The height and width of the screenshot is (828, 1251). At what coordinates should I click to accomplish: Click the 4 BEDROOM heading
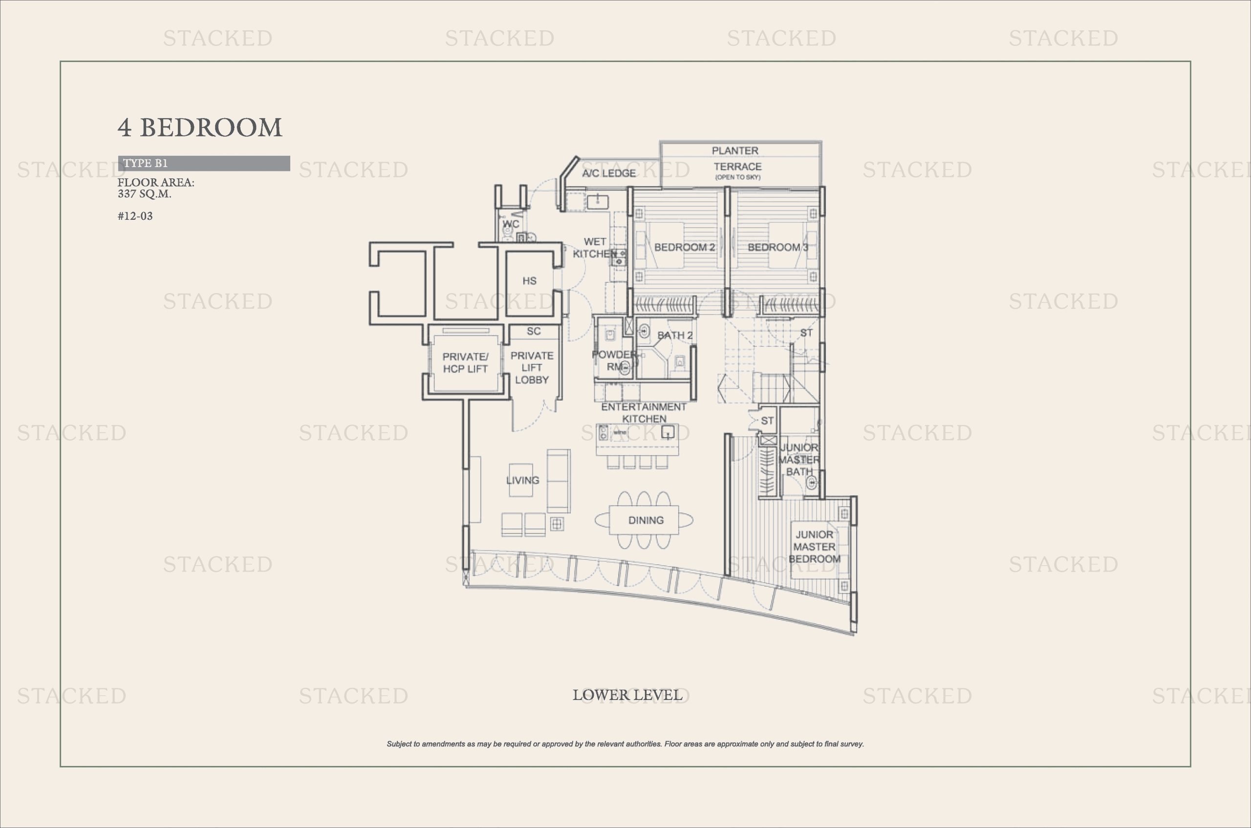pyautogui.click(x=200, y=128)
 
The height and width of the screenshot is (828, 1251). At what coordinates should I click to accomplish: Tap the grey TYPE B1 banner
pyautogui.click(x=204, y=163)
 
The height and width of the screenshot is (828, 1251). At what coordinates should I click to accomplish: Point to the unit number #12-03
pyautogui.click(x=135, y=216)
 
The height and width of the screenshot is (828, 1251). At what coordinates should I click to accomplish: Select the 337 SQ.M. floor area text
pyautogui.click(x=144, y=194)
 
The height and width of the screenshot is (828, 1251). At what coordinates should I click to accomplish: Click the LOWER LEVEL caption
pyautogui.click(x=627, y=695)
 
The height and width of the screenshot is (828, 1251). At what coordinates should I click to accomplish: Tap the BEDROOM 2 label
pyautogui.click(x=684, y=247)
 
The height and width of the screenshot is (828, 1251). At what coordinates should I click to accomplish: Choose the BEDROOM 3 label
pyautogui.click(x=777, y=247)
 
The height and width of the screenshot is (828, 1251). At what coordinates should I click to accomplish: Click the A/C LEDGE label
pyautogui.click(x=608, y=173)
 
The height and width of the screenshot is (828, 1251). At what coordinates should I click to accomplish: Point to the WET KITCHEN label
pyautogui.click(x=595, y=248)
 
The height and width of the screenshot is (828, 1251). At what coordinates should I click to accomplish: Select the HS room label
pyautogui.click(x=529, y=281)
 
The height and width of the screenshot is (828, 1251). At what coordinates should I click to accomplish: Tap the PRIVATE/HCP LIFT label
pyautogui.click(x=465, y=363)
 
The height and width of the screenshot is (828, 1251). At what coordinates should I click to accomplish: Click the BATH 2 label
pyautogui.click(x=675, y=335)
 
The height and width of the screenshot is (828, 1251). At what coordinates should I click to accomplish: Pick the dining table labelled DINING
pyautogui.click(x=644, y=520)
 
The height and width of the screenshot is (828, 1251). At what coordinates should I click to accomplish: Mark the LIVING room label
pyautogui.click(x=522, y=480)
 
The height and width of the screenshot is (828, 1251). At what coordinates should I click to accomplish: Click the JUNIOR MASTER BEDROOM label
pyautogui.click(x=815, y=547)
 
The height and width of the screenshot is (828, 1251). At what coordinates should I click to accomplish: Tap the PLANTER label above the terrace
pyautogui.click(x=735, y=150)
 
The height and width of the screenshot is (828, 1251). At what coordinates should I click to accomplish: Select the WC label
pyautogui.click(x=510, y=224)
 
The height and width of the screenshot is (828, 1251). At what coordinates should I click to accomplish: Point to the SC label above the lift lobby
pyautogui.click(x=534, y=331)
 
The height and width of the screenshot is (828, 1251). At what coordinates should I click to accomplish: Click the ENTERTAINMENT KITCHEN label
pyautogui.click(x=644, y=413)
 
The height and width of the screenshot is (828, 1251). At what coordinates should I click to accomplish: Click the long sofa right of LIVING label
pyautogui.click(x=559, y=481)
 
